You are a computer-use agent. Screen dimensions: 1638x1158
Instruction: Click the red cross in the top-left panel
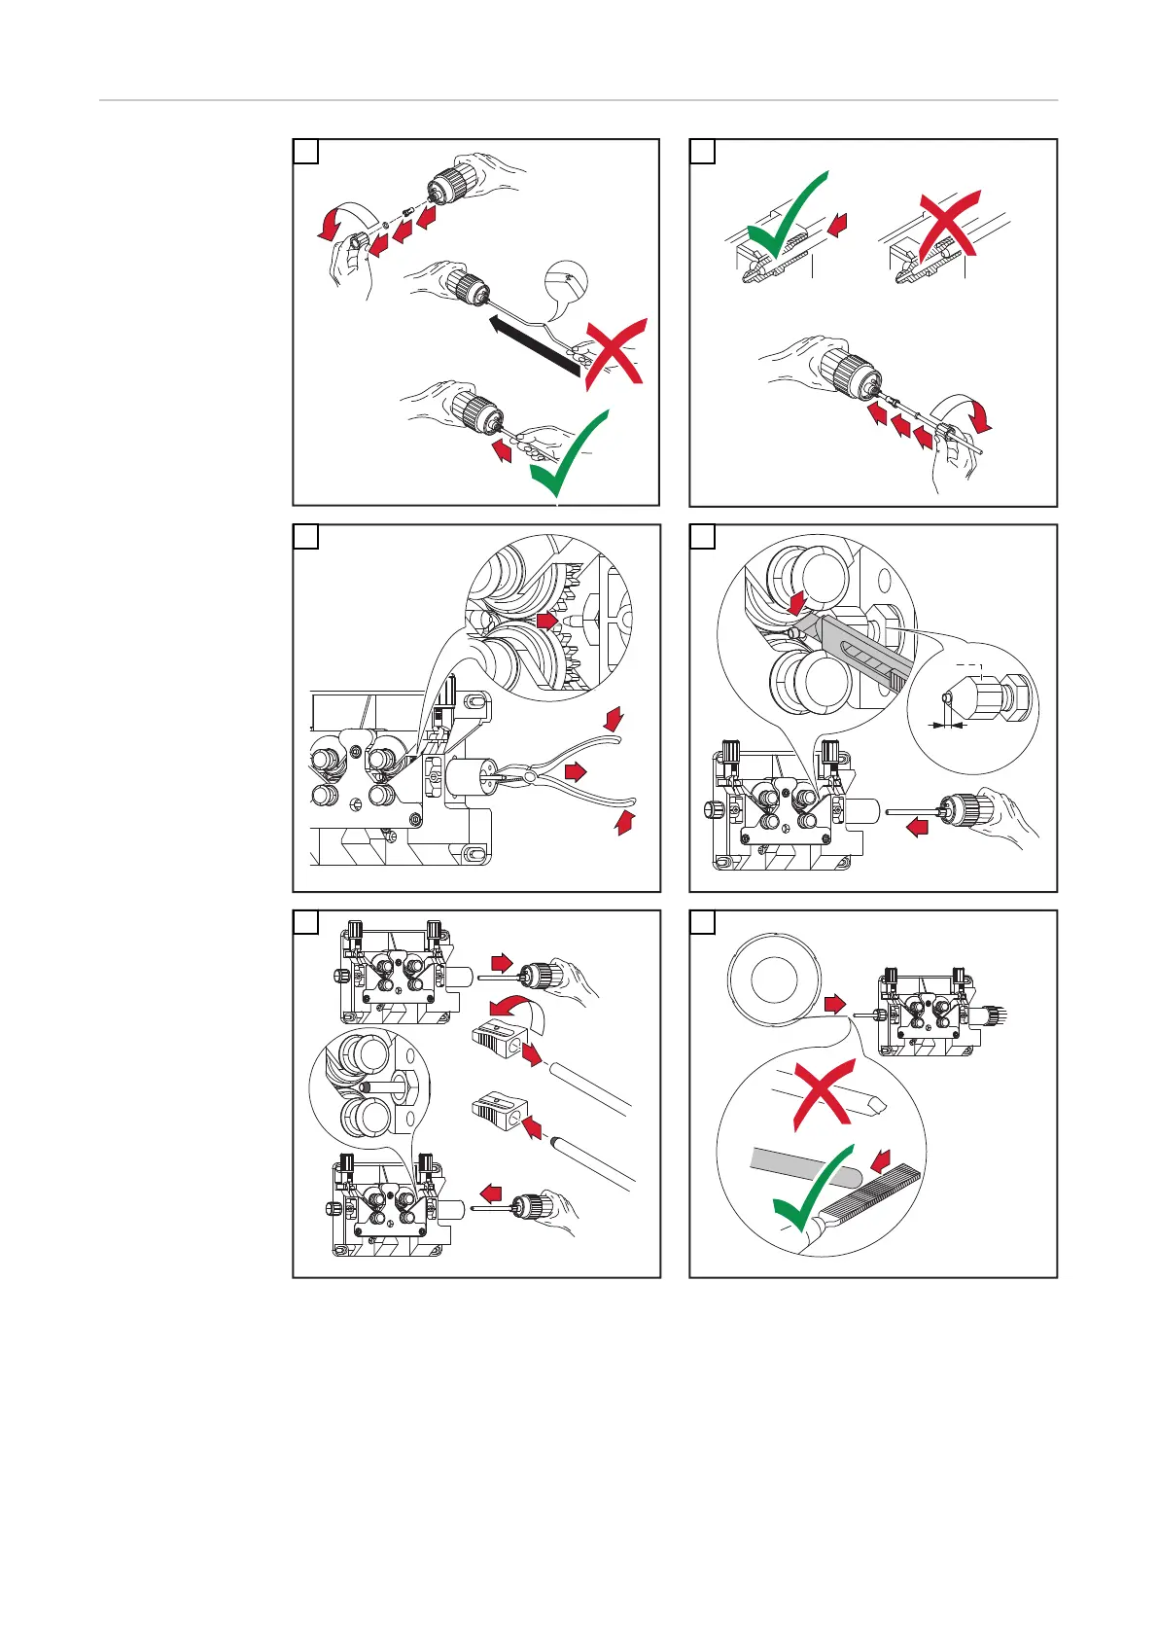pyautogui.click(x=613, y=354)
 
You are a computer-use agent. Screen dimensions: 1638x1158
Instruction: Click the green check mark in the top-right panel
pyautogui.click(x=786, y=218)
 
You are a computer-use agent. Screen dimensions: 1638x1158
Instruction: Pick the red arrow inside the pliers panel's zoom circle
pyautogui.click(x=548, y=619)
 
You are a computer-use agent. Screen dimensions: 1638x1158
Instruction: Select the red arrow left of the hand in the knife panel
pyautogui.click(x=916, y=828)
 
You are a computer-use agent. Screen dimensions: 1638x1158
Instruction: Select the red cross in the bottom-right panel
pyautogui.click(x=823, y=1094)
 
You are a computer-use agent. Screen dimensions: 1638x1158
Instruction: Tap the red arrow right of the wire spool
pyautogui.click(x=833, y=1003)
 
